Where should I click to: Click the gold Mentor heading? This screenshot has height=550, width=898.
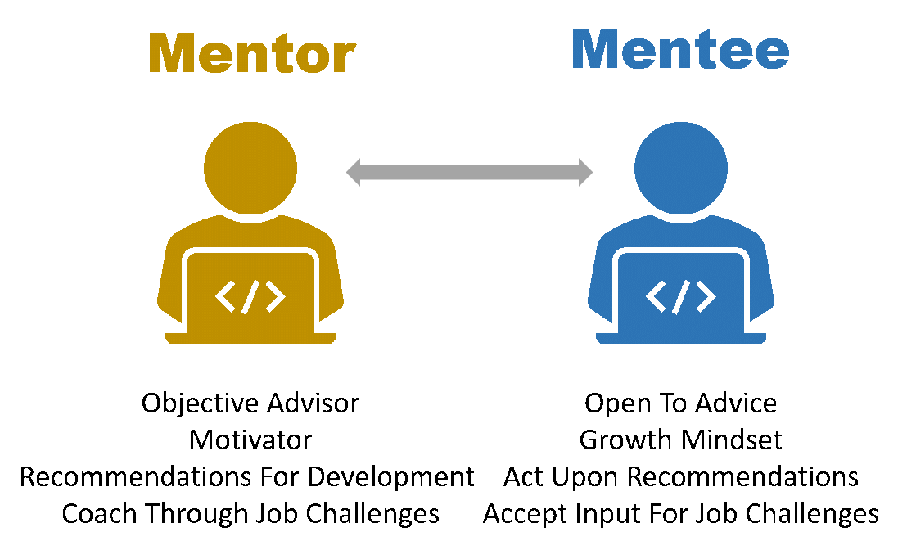click(253, 53)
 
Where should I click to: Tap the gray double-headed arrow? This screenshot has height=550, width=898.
click(469, 172)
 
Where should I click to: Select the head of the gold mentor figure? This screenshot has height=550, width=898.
click(250, 169)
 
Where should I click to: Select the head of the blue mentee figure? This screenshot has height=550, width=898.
click(681, 169)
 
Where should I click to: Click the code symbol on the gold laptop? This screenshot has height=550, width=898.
click(250, 296)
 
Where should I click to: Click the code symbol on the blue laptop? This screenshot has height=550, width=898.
click(681, 296)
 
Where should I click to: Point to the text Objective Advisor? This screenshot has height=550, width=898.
click(250, 403)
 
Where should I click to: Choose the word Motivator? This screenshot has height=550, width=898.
click(250, 440)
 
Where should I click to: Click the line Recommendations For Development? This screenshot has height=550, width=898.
click(247, 476)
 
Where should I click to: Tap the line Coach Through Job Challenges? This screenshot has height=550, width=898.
click(250, 513)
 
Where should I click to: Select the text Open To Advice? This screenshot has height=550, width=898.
click(680, 403)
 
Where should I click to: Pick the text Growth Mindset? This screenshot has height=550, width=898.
click(680, 440)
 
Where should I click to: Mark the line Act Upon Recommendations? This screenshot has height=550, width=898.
click(681, 476)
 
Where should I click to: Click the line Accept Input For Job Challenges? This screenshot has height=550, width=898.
click(681, 513)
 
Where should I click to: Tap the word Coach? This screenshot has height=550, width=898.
click(100, 513)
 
